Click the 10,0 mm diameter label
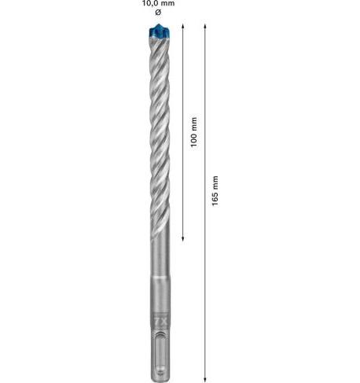point(158,3)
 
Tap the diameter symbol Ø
point(158,12)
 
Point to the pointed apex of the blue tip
point(158,24)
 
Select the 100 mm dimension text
point(193,132)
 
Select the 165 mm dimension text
point(215,190)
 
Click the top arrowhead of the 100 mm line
point(183,26)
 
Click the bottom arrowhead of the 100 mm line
point(183,238)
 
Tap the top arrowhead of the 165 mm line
point(205,26)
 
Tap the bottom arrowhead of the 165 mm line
point(205,379)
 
